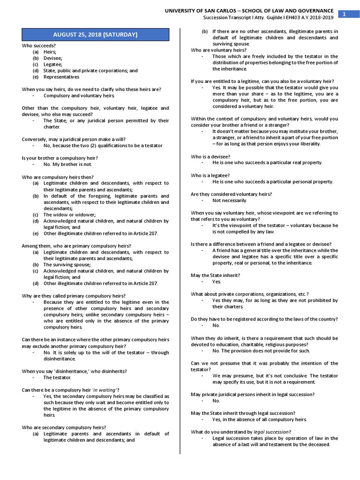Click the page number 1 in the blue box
[x=344, y=15]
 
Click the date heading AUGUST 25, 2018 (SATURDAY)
[x=95, y=34]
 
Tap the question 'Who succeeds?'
[x=39, y=45]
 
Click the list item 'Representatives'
[x=61, y=77]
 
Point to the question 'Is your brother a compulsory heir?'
[x=60, y=158]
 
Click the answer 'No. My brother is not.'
[x=68, y=165]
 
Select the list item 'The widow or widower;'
[x=69, y=215]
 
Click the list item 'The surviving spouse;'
[x=67, y=264]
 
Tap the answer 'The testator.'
[x=57, y=377]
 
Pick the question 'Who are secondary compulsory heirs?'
[x=64, y=427]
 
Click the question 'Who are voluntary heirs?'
[x=218, y=50]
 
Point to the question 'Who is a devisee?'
[x=210, y=156]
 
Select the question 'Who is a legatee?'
[x=210, y=175]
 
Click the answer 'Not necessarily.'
[x=230, y=200]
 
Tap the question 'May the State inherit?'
[x=215, y=275]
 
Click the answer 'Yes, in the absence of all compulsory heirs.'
[x=259, y=420]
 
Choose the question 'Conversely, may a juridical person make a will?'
[x=74, y=139]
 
